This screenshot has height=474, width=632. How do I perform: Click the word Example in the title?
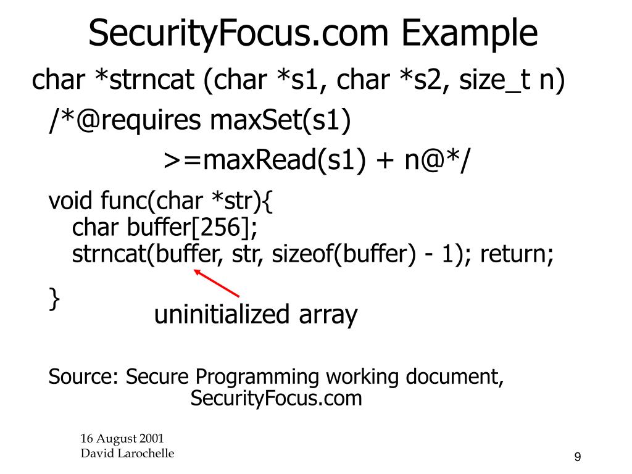click(x=470, y=33)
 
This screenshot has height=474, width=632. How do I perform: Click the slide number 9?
click(x=578, y=457)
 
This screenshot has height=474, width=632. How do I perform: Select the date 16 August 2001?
click(x=122, y=439)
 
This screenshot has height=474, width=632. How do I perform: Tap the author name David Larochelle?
click(x=127, y=454)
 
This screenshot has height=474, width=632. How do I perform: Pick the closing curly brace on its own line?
click(x=55, y=299)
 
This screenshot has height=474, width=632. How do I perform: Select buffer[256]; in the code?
click(x=193, y=228)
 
